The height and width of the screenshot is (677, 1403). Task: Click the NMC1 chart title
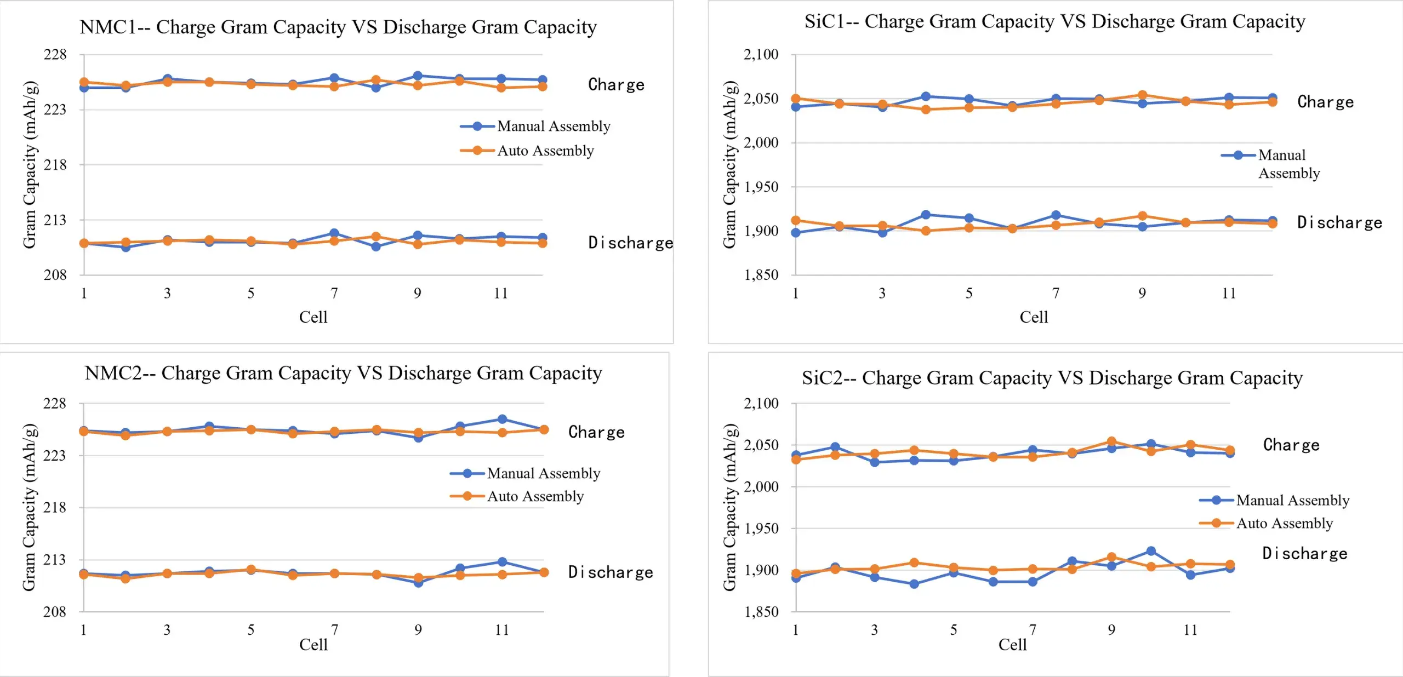pos(338,27)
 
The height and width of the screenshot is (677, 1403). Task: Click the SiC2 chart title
pos(1052,377)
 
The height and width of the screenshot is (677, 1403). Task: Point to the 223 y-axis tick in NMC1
pos(55,110)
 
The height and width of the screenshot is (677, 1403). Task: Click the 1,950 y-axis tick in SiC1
pos(761,187)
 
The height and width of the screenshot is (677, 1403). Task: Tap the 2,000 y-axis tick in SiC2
pos(761,486)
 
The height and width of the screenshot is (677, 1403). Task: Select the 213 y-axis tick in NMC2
pos(54,560)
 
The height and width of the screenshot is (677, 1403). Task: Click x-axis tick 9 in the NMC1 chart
pos(418,294)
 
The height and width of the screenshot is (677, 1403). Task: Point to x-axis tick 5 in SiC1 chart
pos(969,294)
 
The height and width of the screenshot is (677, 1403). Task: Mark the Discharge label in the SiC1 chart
pos(1339,222)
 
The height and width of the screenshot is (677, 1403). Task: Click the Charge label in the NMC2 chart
pos(596,432)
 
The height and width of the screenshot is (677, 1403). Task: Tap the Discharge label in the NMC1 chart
pos(630,243)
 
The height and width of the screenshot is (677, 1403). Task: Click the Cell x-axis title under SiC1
pos(1034,317)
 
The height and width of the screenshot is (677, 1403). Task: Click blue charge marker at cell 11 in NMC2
pos(502,420)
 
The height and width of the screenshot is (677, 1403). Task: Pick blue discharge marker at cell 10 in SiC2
pos(1151,551)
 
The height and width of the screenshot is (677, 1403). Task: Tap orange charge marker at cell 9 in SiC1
pos(1142,95)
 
